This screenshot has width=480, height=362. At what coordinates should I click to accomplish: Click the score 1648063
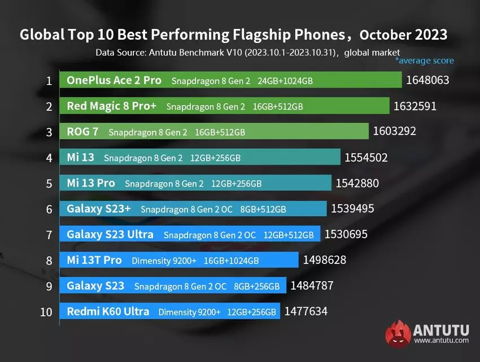(427, 80)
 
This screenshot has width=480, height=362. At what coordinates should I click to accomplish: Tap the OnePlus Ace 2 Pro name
(114, 80)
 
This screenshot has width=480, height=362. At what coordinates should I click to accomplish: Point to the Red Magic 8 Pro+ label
(112, 106)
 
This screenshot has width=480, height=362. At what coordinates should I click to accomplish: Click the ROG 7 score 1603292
(394, 132)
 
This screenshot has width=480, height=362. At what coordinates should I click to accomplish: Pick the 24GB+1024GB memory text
(285, 81)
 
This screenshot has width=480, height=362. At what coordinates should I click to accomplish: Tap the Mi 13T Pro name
(94, 260)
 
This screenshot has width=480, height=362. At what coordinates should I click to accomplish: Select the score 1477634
(306, 312)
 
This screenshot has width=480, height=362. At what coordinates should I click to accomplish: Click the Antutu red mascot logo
(398, 334)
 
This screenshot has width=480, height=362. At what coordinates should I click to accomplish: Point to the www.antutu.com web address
(441, 341)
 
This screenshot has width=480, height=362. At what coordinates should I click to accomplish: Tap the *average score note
(424, 61)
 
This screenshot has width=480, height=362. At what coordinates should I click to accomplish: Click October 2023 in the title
(403, 35)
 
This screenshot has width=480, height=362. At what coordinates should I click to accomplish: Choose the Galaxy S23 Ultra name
(110, 234)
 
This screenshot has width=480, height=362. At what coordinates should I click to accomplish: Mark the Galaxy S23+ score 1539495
(352, 209)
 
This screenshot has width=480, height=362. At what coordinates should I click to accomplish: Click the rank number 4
(49, 158)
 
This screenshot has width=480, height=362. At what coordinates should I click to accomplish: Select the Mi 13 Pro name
(90, 183)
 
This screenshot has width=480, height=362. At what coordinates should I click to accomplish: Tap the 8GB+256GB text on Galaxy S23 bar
(258, 287)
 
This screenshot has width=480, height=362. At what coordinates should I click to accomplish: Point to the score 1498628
(324, 260)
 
